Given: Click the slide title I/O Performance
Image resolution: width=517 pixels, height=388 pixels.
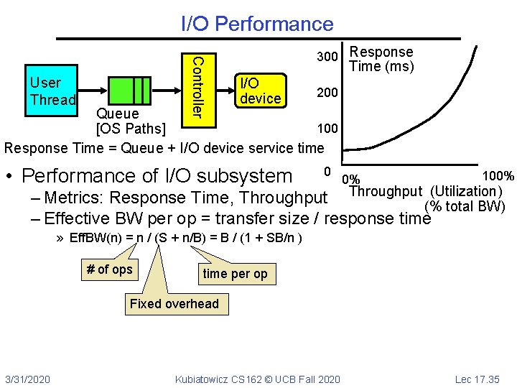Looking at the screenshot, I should click(257, 24).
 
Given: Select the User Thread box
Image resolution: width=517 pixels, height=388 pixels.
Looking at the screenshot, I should click(52, 91).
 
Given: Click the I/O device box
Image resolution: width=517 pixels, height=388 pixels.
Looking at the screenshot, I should click(260, 91).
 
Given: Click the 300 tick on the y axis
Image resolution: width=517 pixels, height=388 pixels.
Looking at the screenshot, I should click(328, 57).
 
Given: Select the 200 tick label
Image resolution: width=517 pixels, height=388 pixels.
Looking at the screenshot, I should click(328, 93).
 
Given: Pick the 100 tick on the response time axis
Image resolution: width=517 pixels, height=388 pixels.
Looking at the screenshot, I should click(328, 129).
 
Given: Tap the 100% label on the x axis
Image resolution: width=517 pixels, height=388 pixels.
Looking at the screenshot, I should click(498, 176).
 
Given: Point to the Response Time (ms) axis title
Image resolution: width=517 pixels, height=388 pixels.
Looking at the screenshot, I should click(381, 60).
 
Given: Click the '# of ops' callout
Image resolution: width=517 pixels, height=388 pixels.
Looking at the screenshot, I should click(109, 269).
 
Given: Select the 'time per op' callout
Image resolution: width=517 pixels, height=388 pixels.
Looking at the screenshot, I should click(235, 274).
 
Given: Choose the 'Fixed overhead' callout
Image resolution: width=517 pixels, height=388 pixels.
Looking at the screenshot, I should click(174, 304).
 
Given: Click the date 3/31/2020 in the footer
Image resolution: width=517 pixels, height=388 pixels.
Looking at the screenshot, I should click(27, 379).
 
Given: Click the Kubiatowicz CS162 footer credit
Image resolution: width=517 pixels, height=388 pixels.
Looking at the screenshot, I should click(258, 379).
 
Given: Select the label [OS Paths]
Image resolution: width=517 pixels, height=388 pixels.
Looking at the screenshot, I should click(131, 130).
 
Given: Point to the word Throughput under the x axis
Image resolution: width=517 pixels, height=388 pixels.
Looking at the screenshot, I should click(386, 191).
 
